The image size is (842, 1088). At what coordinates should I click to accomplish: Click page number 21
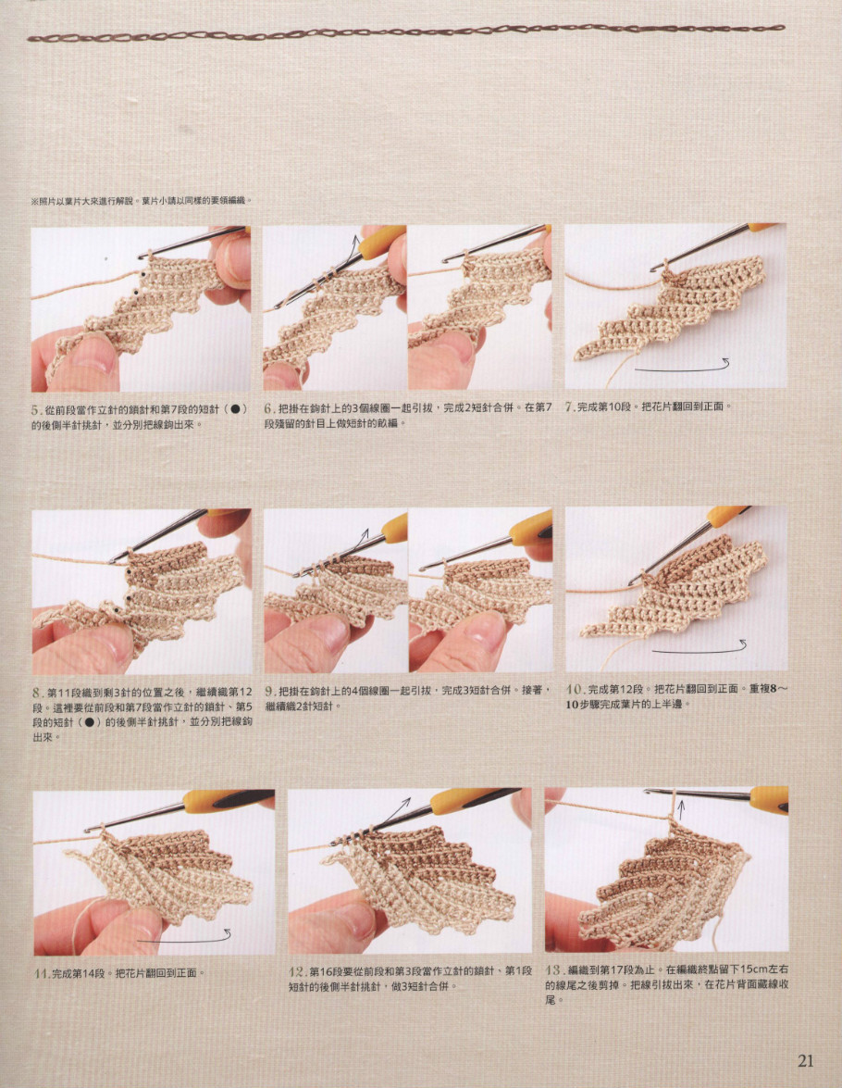[805, 1060]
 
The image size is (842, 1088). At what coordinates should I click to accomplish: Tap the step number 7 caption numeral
[570, 407]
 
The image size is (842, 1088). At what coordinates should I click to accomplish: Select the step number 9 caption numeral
[270, 692]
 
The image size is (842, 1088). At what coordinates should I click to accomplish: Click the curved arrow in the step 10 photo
[700, 649]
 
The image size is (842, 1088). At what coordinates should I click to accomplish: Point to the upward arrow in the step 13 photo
[680, 809]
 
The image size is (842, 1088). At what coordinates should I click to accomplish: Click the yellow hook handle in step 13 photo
[769, 799]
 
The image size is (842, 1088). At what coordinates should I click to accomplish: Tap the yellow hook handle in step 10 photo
[724, 517]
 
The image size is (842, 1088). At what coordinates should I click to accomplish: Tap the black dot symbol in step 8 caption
[91, 722]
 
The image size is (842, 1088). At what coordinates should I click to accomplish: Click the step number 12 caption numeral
[298, 971]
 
